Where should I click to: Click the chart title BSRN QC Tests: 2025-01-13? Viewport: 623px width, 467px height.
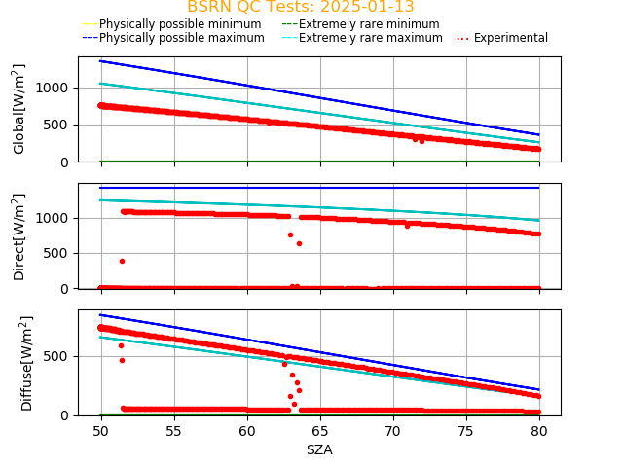pos(300,7)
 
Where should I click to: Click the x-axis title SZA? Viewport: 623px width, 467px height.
pos(319,449)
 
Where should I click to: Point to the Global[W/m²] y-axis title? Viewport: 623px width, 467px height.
pos(19,109)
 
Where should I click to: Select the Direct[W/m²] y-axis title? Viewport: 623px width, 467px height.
pos(19,236)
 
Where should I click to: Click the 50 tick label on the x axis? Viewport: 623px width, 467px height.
pos(100,431)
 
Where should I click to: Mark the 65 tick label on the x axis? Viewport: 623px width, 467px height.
pos(320,431)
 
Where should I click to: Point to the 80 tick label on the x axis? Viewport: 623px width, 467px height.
pos(539,431)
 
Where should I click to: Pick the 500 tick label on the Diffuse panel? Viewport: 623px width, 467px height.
pos(59,356)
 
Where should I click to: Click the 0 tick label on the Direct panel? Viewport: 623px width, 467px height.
pos(67,288)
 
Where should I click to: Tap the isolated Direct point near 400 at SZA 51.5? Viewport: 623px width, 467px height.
pos(122,261)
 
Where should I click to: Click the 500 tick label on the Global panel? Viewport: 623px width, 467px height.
pos(59,125)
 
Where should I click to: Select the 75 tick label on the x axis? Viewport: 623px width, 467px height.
pos(466,431)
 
